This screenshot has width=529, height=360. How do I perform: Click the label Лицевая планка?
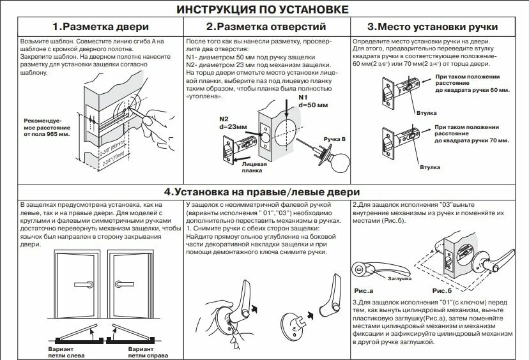[254, 167]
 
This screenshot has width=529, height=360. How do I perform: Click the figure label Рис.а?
[363, 290]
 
